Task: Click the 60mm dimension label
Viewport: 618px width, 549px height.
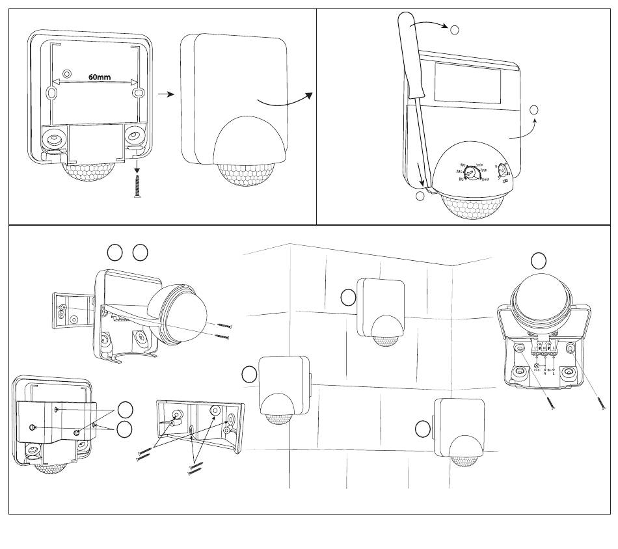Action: [x=100, y=77]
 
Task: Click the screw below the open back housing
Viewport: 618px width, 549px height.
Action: [x=138, y=185]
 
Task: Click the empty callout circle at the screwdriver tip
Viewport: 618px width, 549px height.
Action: [x=420, y=196]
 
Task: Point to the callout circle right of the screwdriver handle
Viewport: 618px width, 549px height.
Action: [x=455, y=29]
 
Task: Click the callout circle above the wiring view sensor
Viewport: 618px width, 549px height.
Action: [x=538, y=261]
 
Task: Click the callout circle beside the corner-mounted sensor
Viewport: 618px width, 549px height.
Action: [x=249, y=374]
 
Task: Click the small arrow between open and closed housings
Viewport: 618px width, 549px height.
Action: [x=167, y=94]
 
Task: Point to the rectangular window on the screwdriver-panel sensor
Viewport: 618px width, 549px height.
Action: [x=467, y=83]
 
